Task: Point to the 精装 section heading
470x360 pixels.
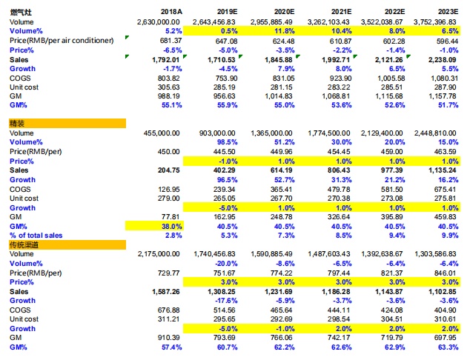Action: pos(16,123)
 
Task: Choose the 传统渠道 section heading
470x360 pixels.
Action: pos(24,244)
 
